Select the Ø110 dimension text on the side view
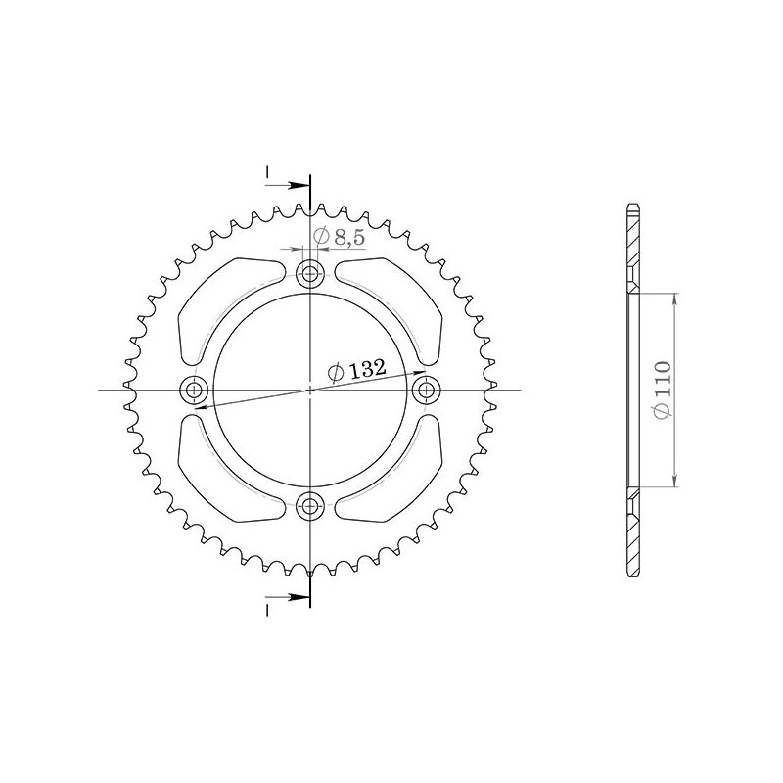tap(664, 389)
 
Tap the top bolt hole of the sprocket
tap(311, 273)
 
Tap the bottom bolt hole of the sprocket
tap(311, 506)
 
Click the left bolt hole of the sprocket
tap(195, 391)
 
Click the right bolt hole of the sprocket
tap(427, 391)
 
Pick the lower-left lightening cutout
tap(227, 480)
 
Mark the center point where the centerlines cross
tap(311, 391)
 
